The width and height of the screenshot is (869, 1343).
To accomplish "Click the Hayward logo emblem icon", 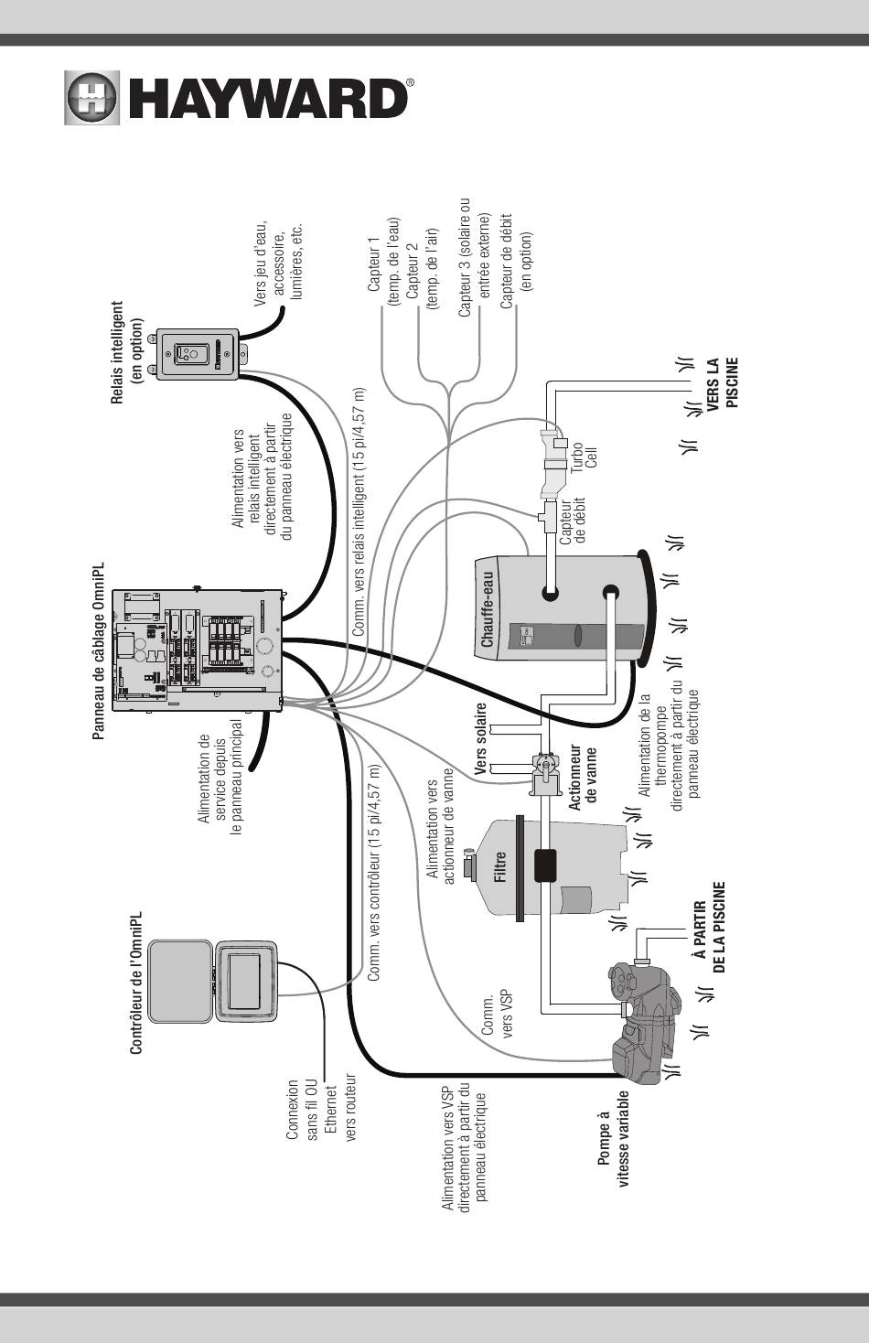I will click(x=91, y=97).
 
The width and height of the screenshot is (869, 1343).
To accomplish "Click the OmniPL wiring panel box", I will click(x=198, y=650).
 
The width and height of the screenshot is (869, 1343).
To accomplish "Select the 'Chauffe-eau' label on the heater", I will click(x=488, y=610).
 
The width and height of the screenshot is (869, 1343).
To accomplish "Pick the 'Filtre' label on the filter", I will click(x=499, y=866).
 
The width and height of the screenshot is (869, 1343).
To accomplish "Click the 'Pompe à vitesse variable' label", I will click(x=613, y=1138).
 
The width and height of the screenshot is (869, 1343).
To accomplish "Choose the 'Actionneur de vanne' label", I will click(x=583, y=774).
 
